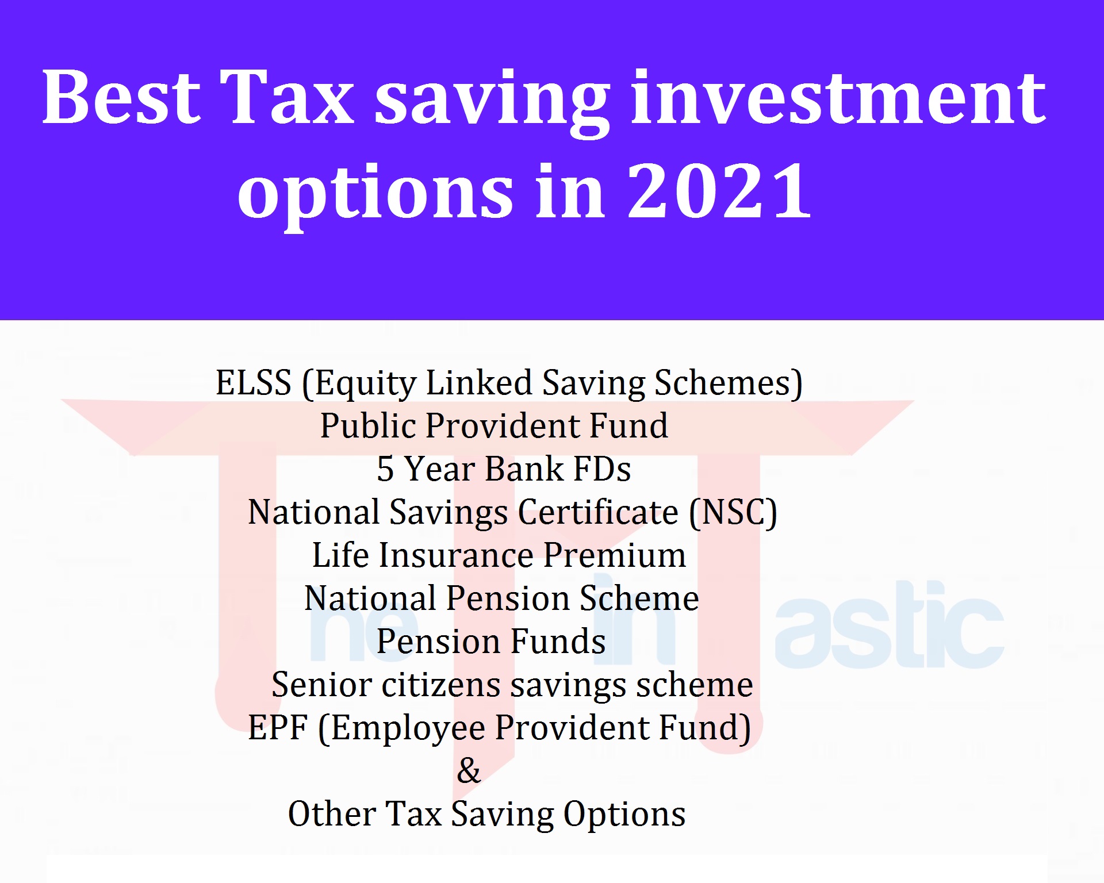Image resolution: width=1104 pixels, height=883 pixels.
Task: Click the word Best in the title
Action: click(x=121, y=97)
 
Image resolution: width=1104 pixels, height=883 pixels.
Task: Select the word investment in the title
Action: click(x=838, y=97)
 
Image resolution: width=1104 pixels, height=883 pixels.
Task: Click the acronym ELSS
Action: click(x=254, y=383)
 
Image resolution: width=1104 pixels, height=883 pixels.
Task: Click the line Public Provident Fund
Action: click(x=494, y=426)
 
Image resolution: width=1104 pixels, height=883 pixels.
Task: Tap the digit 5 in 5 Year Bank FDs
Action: click(x=385, y=469)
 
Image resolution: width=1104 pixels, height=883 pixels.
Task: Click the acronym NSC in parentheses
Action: click(x=733, y=512)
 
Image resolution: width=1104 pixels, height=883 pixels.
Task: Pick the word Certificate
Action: click(x=598, y=512)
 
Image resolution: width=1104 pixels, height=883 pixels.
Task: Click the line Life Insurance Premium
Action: click(x=499, y=555)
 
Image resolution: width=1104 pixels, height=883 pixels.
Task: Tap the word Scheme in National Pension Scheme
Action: click(x=639, y=598)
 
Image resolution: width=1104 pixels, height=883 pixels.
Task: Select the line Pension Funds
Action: click(x=491, y=642)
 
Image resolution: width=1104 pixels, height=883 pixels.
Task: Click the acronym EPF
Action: click(x=278, y=728)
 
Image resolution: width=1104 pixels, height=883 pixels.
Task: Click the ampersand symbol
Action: click(x=469, y=771)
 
